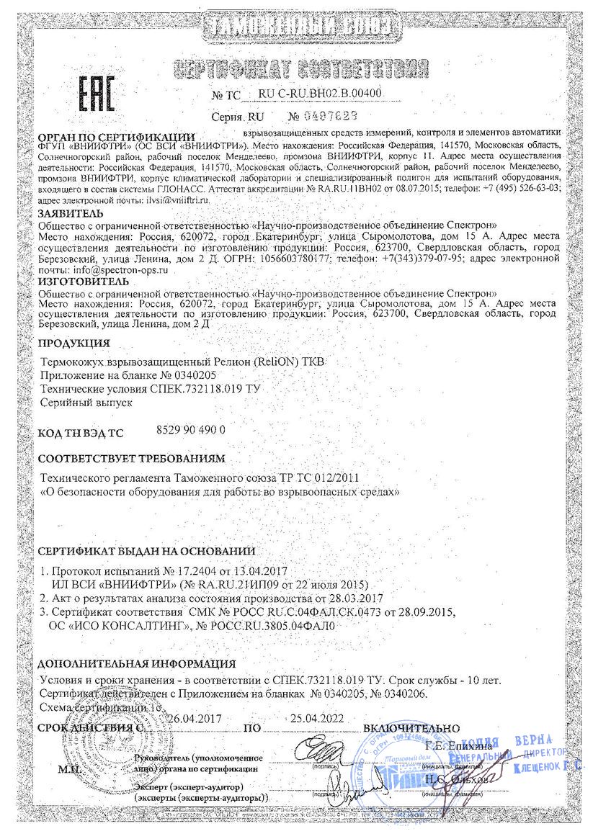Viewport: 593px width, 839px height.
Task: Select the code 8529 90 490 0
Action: pyautogui.click(x=191, y=430)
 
